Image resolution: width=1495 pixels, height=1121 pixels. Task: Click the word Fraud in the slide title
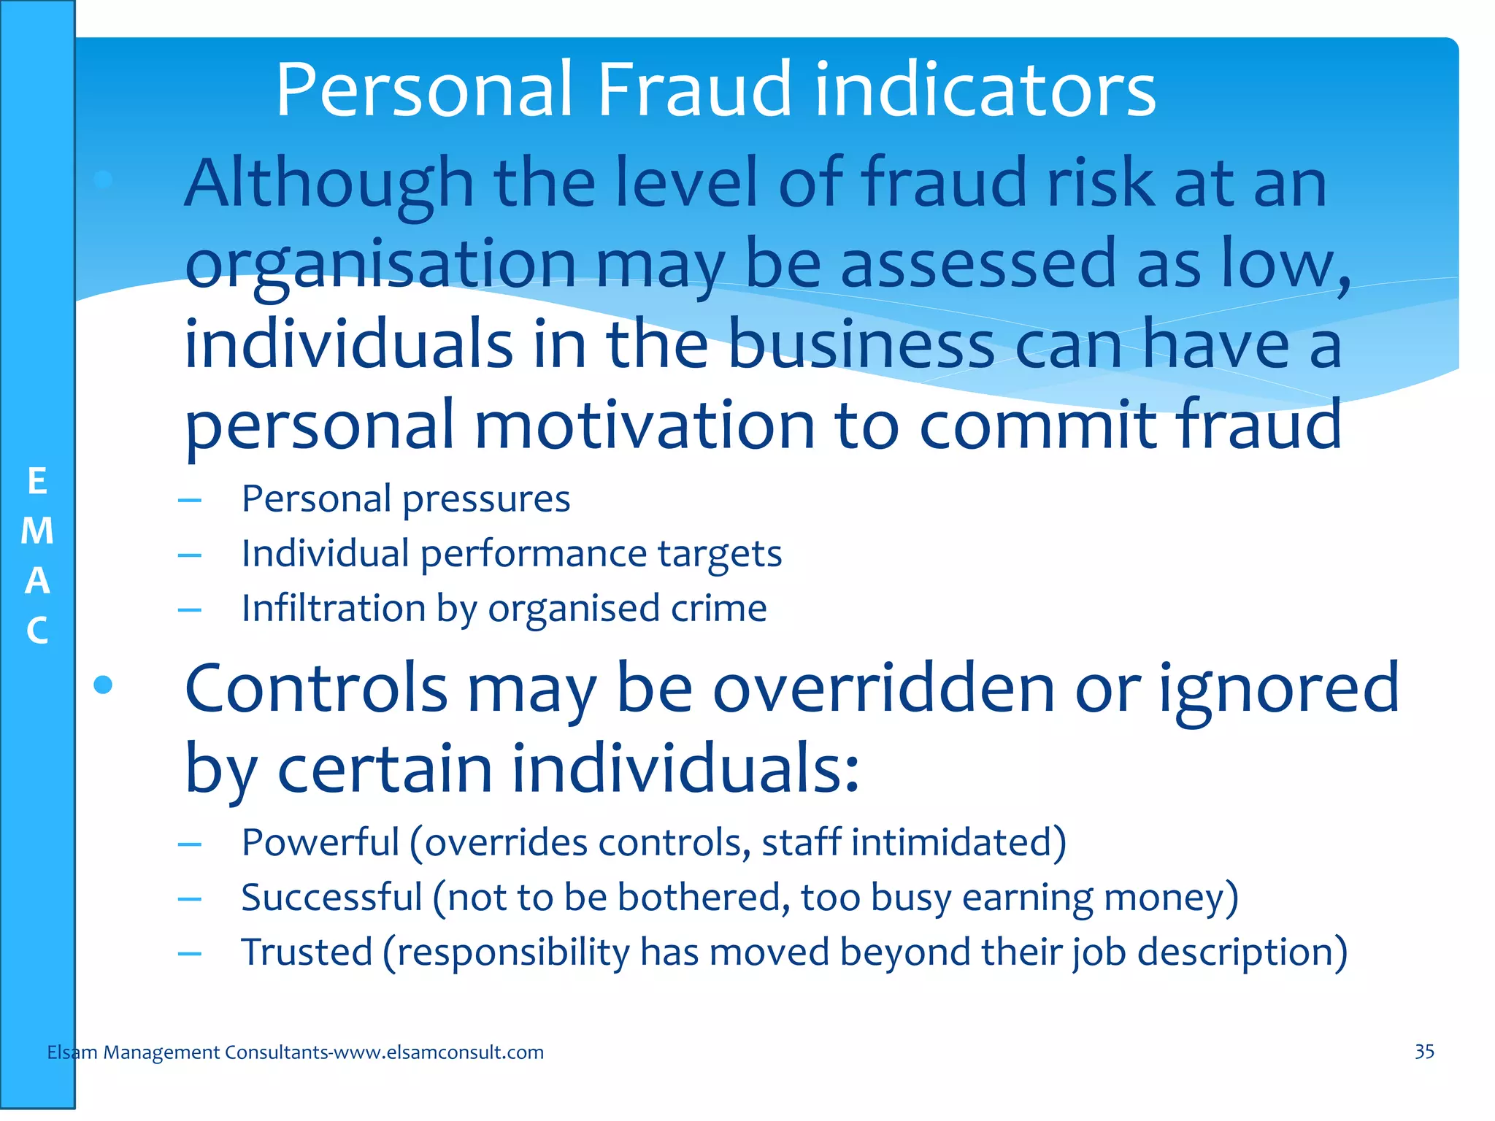tap(694, 90)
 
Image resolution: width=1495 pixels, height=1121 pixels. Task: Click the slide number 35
tap(1424, 1052)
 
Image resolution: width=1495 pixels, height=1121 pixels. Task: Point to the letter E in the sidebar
tap(37, 482)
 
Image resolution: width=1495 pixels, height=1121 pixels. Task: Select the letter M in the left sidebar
tap(37, 531)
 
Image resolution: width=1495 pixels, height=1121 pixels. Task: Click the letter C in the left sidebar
tap(37, 631)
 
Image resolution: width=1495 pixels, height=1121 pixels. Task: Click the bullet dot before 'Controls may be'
tap(104, 685)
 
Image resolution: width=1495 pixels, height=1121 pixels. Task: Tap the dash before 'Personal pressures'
tap(190, 501)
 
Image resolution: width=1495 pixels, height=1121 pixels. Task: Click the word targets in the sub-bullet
tap(719, 554)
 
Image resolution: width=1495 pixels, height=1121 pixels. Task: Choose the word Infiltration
tap(334, 609)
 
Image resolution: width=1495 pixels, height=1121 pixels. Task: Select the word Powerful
tap(320, 843)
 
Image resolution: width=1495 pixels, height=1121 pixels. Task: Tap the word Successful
tap(331, 898)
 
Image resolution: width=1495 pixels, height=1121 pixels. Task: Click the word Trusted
tap(307, 952)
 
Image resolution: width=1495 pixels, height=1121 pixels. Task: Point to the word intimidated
tap(958, 843)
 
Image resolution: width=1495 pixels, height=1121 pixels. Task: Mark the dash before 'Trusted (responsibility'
tap(190, 954)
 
